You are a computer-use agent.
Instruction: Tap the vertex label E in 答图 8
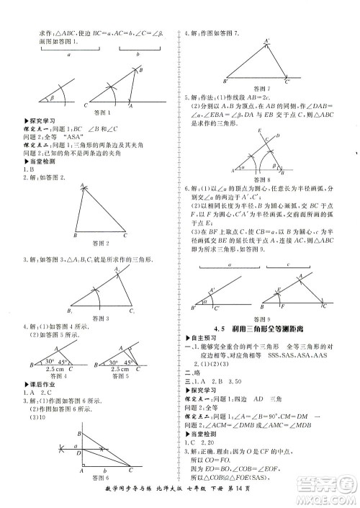[x=259, y=130]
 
